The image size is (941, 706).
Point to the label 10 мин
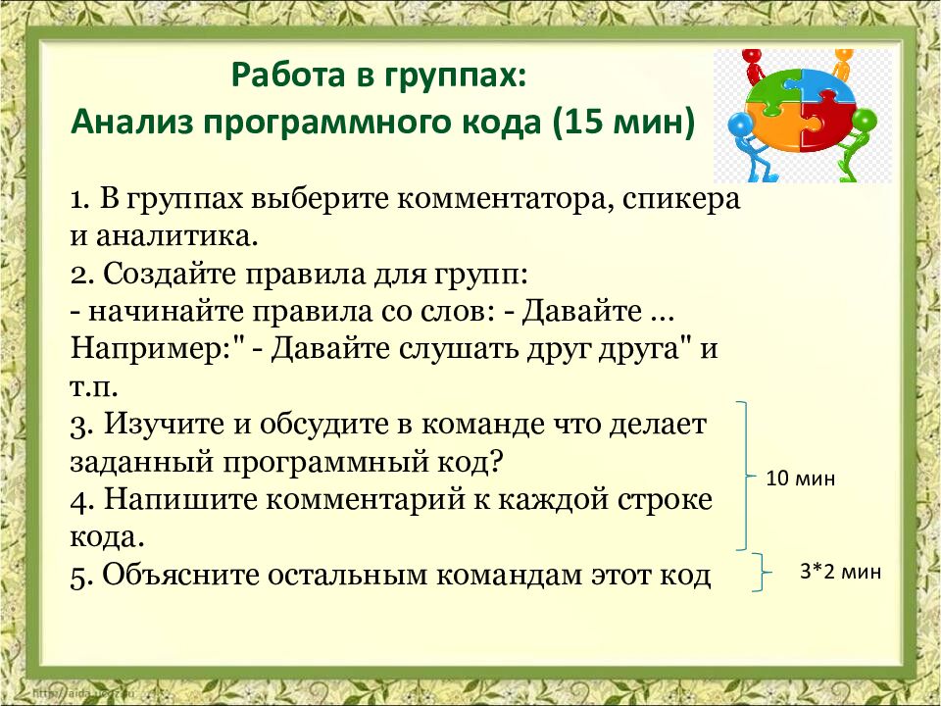800,479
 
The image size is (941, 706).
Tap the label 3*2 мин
839,570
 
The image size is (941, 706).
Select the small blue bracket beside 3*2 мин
760,573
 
